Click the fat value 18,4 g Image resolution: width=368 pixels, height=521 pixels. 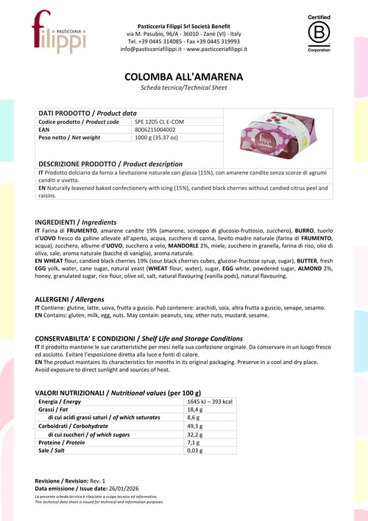[194, 409]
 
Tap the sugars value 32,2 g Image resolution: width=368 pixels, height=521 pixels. [194, 434]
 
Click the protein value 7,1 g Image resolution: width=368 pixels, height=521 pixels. [193, 442]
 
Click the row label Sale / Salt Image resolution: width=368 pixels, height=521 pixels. [54, 450]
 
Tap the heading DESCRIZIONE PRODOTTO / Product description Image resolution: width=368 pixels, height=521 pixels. [110, 164]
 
